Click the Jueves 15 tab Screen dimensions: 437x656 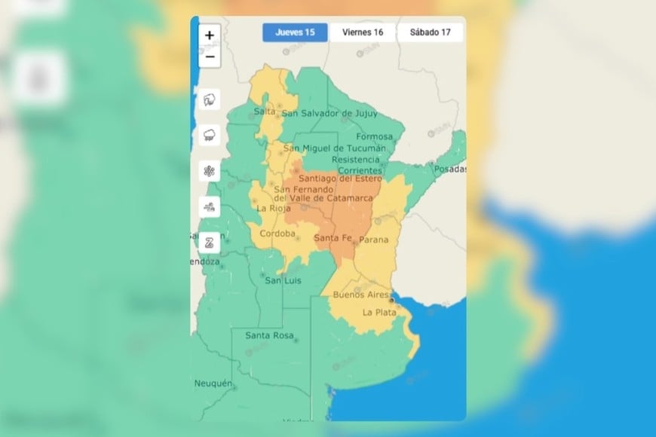click(x=295, y=32)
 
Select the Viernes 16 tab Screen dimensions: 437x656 click(x=363, y=32)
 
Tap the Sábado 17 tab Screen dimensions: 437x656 click(x=430, y=32)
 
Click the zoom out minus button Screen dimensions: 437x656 click(x=210, y=57)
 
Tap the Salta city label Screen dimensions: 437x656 click(x=265, y=112)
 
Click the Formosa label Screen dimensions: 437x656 click(x=375, y=137)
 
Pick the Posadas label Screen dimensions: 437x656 click(x=450, y=169)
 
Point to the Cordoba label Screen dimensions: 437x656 click(x=277, y=234)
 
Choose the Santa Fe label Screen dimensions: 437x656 click(x=332, y=239)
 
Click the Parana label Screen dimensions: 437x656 click(x=374, y=240)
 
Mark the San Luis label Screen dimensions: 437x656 click(x=283, y=281)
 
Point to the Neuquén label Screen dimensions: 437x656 click(x=213, y=384)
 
